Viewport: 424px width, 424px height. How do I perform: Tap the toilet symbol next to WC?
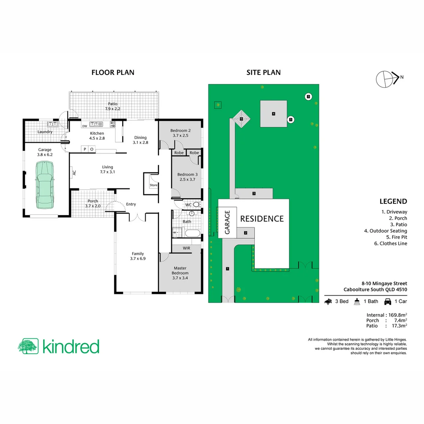[196, 205]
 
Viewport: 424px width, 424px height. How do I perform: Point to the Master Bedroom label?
[180, 270]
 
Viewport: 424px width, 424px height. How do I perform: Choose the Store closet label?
[154, 185]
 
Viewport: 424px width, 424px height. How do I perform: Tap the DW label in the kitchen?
[84, 126]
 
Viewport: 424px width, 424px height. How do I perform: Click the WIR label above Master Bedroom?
[186, 248]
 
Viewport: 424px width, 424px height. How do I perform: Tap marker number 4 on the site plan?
[273, 114]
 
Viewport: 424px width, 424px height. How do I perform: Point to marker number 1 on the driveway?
[227, 269]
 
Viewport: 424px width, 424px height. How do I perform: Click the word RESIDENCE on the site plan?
[262, 219]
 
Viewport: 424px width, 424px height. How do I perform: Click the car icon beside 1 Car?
[387, 302]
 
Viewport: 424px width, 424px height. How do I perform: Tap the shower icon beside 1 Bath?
[357, 302]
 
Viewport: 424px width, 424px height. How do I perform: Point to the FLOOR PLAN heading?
[113, 72]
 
